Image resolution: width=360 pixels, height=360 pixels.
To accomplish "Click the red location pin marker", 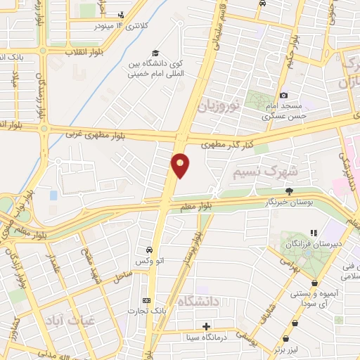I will (181, 165).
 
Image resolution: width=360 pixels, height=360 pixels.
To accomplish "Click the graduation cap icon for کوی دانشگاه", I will (155, 53).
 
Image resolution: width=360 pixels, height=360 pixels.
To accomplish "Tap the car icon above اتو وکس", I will (149, 250).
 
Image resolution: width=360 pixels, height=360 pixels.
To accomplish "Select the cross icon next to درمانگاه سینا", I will (206, 326).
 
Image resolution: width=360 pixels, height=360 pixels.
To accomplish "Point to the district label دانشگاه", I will (200, 301).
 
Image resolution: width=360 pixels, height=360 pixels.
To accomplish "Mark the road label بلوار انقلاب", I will (65, 52).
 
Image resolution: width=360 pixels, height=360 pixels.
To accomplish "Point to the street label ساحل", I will (123, 273).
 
